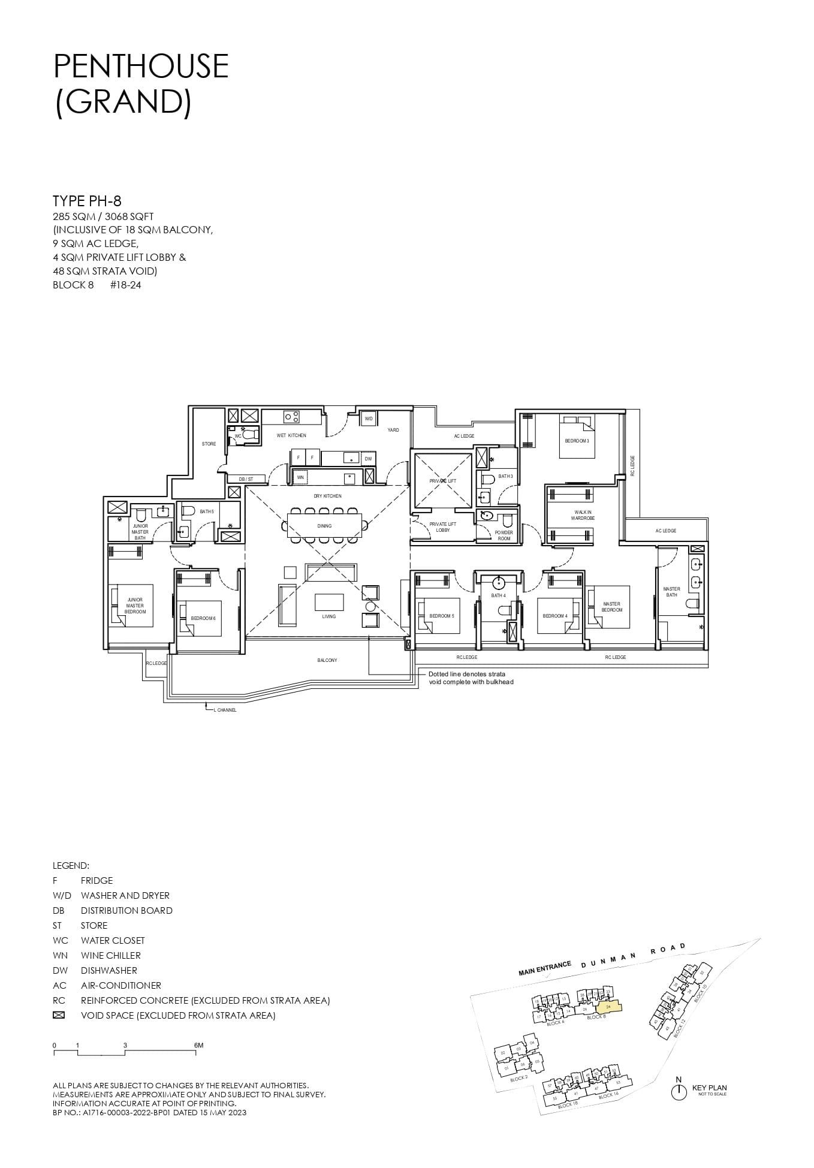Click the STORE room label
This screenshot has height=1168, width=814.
tap(209, 444)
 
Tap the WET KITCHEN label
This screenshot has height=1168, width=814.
tap(291, 435)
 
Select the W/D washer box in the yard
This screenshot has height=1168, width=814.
tap(369, 419)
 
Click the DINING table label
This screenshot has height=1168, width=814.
tap(324, 526)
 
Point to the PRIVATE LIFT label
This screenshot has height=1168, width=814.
tap(442, 481)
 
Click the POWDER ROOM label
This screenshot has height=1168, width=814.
tap(504, 535)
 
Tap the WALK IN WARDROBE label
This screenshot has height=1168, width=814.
tap(583, 515)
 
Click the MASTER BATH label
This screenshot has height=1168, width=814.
tap(671, 592)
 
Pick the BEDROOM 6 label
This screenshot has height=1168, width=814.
tap(203, 618)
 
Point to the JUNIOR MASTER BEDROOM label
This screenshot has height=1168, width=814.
tap(135, 606)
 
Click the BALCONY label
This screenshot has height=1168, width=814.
tap(327, 660)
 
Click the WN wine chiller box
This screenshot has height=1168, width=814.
tap(300, 477)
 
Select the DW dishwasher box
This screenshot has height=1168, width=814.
tap(368, 459)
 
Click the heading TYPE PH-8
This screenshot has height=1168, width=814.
tap(87, 201)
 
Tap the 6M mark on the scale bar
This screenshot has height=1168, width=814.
tap(198, 1045)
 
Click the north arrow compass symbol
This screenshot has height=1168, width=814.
tap(678, 1092)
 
